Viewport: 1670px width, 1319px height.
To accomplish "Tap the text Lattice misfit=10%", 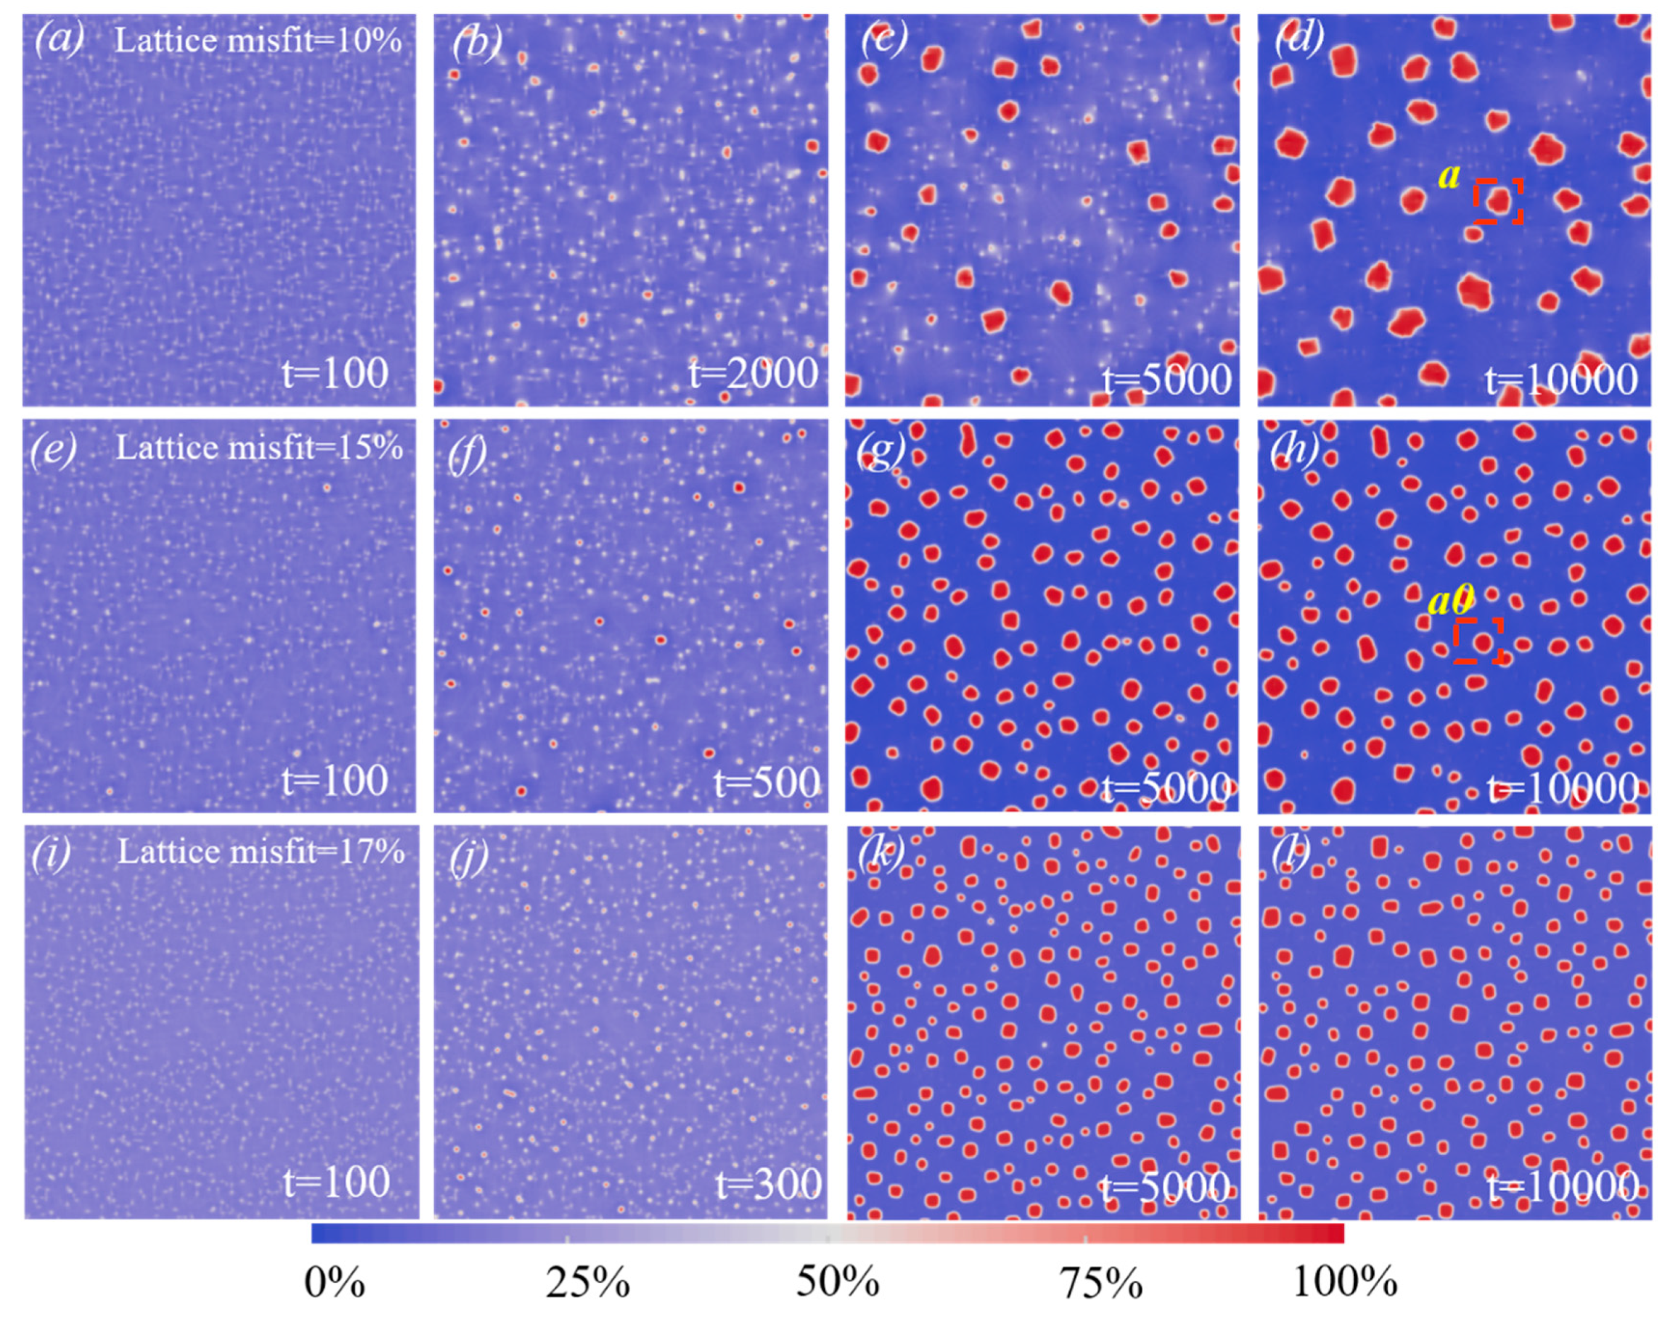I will [x=258, y=40].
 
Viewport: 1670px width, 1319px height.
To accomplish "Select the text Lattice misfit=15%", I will [x=259, y=447].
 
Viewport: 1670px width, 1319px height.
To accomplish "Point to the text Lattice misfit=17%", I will [x=261, y=852].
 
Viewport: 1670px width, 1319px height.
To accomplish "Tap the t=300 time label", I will [x=768, y=1185].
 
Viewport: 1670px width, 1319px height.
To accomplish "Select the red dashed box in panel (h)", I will [x=1478, y=641].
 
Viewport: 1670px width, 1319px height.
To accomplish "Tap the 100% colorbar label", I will [x=1345, y=1284].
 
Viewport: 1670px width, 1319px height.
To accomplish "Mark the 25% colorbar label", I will [x=588, y=1284].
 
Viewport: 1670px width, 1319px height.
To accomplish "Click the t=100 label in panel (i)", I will [x=336, y=1182].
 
